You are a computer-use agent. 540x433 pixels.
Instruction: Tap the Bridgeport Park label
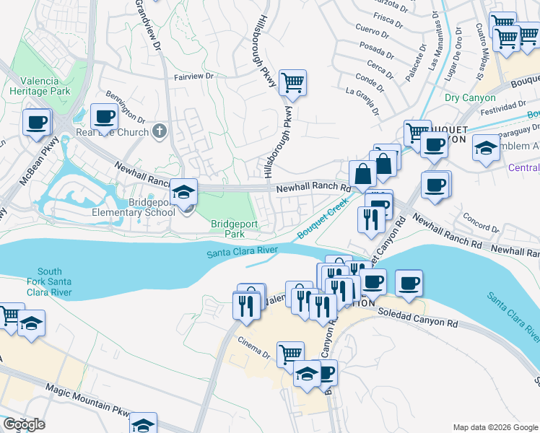(x=234, y=229)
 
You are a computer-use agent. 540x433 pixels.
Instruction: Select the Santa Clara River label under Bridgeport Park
(x=243, y=253)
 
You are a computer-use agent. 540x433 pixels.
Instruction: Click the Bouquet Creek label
(x=319, y=222)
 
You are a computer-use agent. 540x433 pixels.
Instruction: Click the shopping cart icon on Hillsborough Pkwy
(x=292, y=84)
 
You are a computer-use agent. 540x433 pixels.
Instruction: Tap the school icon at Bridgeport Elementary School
(x=184, y=193)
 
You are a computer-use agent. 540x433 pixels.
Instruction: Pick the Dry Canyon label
(x=470, y=98)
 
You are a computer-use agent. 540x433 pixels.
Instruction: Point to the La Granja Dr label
(x=363, y=100)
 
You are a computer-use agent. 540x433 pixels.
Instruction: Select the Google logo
(x=23, y=424)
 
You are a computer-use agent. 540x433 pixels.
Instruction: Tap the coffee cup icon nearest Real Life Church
(x=104, y=117)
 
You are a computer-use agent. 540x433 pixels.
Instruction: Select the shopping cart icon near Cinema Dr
(x=290, y=354)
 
